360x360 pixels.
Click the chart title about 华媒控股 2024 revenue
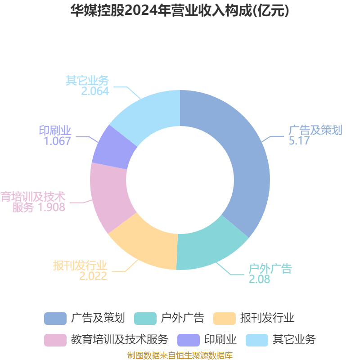click(180, 10)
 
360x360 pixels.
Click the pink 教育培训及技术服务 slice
click(109, 195)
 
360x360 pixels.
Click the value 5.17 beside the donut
click(299, 141)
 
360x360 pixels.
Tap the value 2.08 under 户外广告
click(259, 279)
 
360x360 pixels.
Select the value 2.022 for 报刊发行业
click(93, 276)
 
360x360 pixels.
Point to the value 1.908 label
click(51, 207)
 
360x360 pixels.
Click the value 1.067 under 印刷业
click(57, 141)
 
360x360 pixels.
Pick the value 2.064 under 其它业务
click(95, 91)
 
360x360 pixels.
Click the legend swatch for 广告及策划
click(55, 319)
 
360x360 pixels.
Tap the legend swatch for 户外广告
click(145, 319)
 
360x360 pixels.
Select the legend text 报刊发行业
click(267, 318)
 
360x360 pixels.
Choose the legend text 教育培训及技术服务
click(120, 340)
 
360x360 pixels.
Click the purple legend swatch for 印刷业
click(189, 340)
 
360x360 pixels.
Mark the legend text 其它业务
click(294, 340)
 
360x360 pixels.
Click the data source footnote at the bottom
click(180, 355)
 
